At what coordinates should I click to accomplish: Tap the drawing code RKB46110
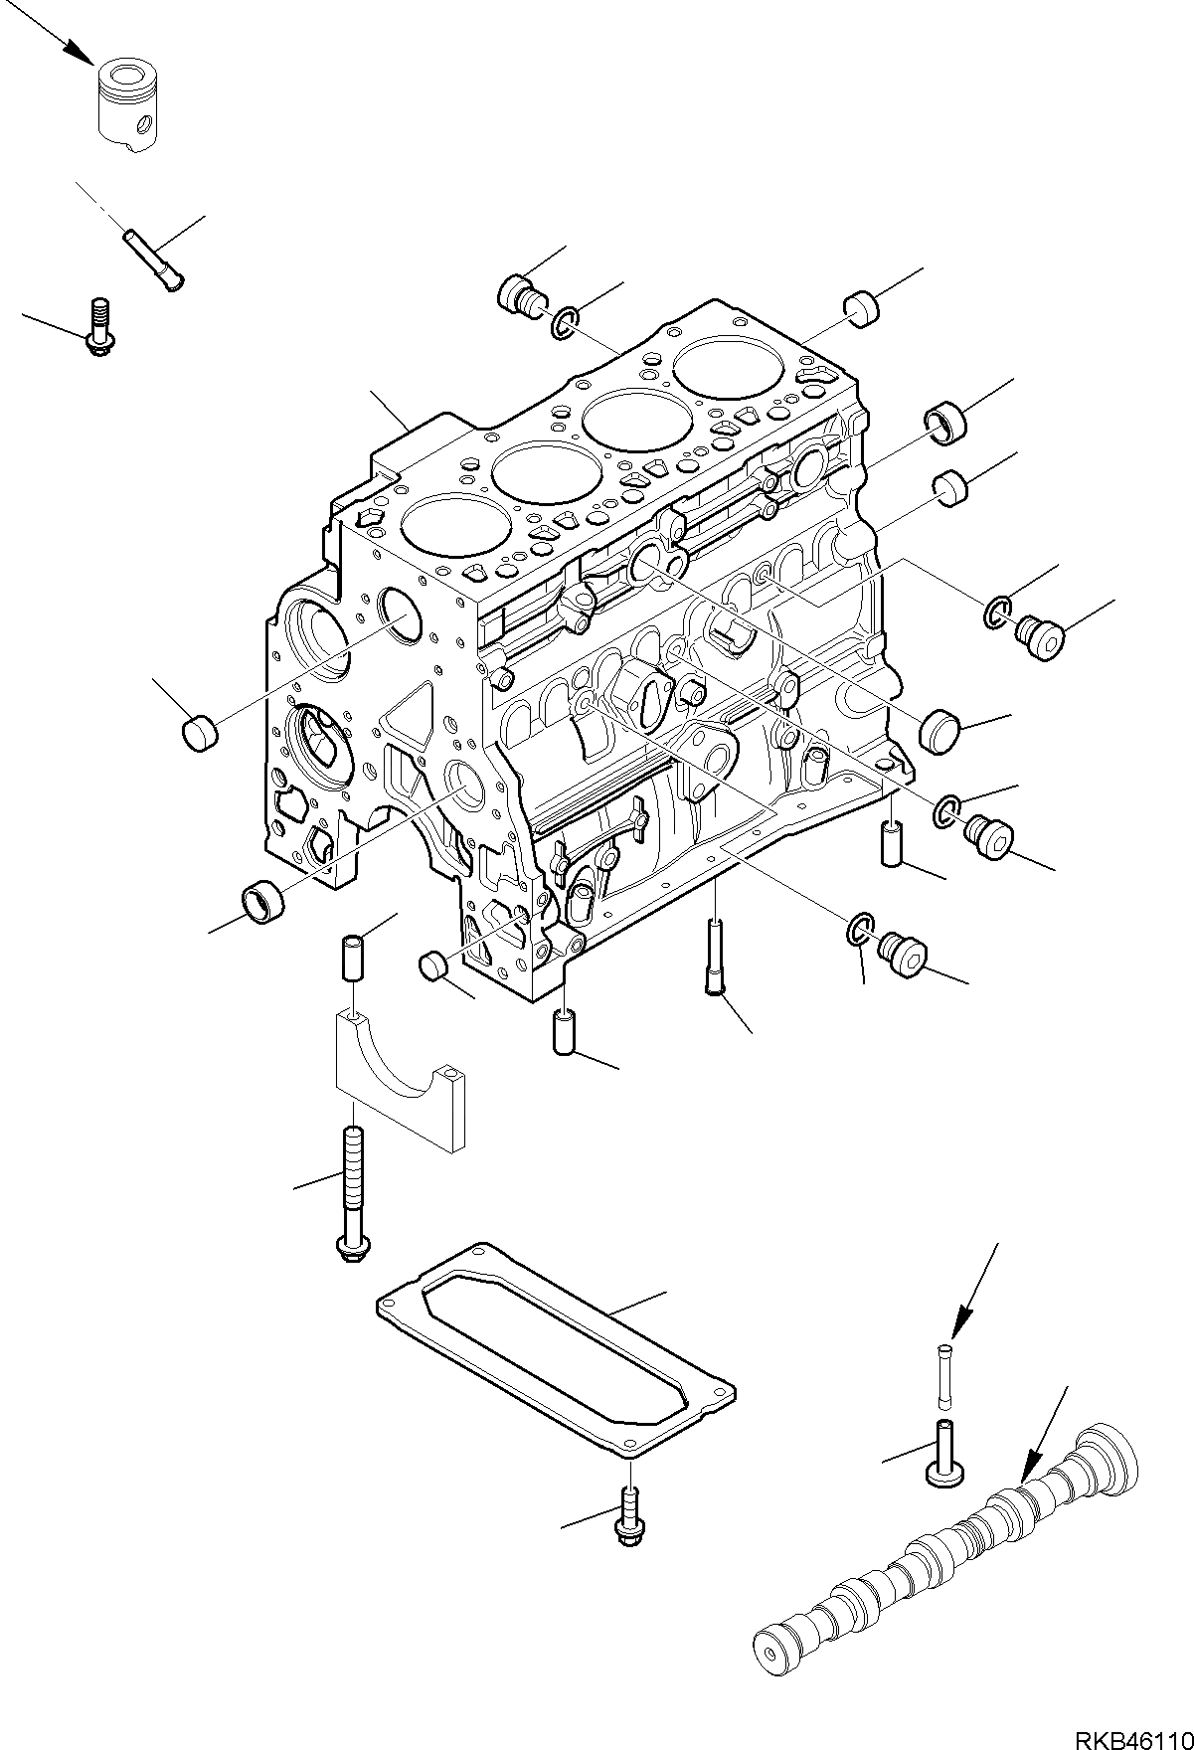(x=1132, y=1733)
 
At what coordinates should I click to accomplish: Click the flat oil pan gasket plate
(x=557, y=1343)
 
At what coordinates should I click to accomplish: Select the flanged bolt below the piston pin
(x=97, y=327)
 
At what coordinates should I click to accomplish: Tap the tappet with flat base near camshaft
(x=942, y=1455)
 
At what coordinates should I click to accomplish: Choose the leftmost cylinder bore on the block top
(x=438, y=533)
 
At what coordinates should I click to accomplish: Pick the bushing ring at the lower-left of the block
(x=263, y=901)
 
